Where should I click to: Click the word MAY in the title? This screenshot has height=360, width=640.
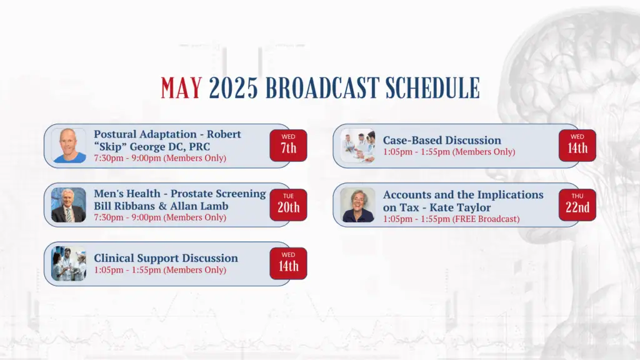pyautogui.click(x=181, y=88)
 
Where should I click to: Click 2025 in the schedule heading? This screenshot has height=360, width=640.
pyautogui.click(x=233, y=88)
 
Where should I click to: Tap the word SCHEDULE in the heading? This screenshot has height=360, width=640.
pyautogui.click(x=432, y=88)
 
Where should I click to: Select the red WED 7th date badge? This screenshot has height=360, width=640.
pyautogui.click(x=288, y=145)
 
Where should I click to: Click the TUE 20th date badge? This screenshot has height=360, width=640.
pyautogui.click(x=288, y=205)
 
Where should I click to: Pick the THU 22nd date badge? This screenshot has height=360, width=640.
pyautogui.click(x=577, y=205)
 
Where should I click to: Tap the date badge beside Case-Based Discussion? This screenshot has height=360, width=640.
pyautogui.click(x=577, y=145)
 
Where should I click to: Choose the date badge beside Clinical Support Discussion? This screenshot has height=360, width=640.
pyautogui.click(x=288, y=263)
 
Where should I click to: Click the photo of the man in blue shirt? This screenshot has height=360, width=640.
pyautogui.click(x=69, y=146)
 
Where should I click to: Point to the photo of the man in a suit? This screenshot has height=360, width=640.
pyautogui.click(x=69, y=205)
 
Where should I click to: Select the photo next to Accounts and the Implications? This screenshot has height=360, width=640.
pyautogui.click(x=357, y=205)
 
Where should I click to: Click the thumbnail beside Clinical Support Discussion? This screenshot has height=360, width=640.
pyautogui.click(x=69, y=264)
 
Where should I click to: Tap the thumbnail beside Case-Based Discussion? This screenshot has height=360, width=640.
pyautogui.click(x=357, y=146)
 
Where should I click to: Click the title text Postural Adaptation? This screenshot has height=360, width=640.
pyautogui.click(x=145, y=134)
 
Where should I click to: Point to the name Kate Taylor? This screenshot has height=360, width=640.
pyautogui.click(x=460, y=207)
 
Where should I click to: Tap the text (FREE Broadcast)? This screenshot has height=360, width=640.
pyautogui.click(x=486, y=219)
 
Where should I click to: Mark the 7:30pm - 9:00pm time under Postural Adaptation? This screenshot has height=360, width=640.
pyautogui.click(x=127, y=158)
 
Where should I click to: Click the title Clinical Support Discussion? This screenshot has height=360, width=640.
pyautogui.click(x=166, y=258)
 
